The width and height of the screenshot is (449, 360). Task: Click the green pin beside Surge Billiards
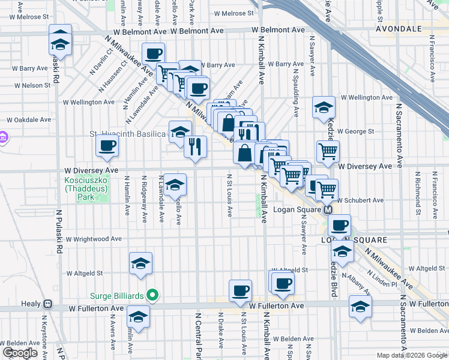point(152,295)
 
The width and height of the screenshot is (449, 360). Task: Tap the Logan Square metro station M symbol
point(328,210)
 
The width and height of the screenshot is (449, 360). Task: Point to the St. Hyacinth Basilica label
point(127,134)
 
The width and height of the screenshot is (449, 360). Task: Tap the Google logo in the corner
point(20,353)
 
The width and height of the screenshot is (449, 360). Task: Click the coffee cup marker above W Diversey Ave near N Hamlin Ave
point(107,145)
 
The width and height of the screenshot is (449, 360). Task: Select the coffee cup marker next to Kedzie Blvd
point(340,226)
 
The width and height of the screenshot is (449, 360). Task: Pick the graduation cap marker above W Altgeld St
point(140,263)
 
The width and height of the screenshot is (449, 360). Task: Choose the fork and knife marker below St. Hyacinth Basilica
point(194,147)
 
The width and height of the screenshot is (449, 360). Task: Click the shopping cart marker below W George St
point(328,151)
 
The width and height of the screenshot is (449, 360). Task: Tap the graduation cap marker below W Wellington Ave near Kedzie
point(324,107)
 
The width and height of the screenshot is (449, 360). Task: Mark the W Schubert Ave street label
point(360,200)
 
